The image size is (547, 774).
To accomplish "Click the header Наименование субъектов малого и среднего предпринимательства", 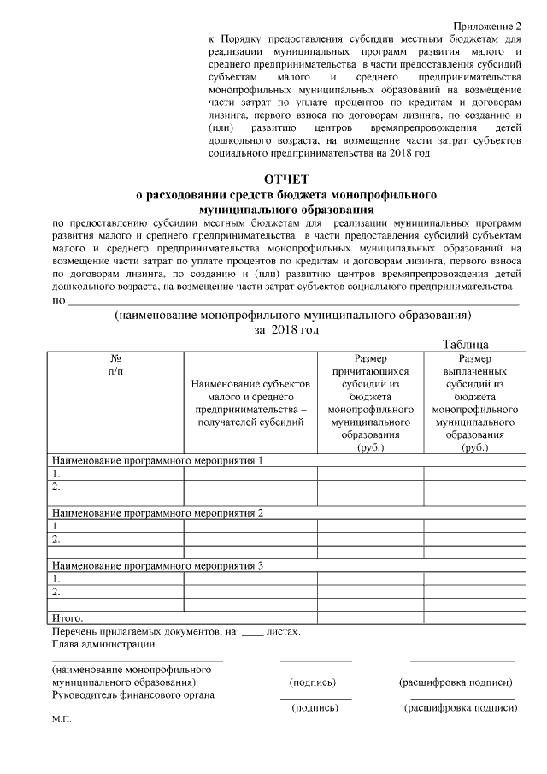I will (x=250, y=403).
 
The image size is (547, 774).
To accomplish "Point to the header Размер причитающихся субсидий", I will (x=370, y=403).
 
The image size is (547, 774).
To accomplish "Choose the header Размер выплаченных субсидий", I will (x=473, y=403).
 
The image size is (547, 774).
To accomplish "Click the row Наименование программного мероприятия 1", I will (x=158, y=461).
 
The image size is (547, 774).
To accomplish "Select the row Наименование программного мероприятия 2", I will (x=158, y=512).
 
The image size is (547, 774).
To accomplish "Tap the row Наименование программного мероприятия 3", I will (x=158, y=565).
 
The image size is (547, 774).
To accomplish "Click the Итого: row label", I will (x=68, y=617).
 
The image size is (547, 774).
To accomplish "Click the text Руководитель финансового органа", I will (x=133, y=694).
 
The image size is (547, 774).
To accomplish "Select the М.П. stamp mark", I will (x=62, y=720).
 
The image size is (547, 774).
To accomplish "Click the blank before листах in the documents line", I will (x=252, y=633).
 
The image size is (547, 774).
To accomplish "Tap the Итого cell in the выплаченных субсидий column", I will (x=473, y=617).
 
